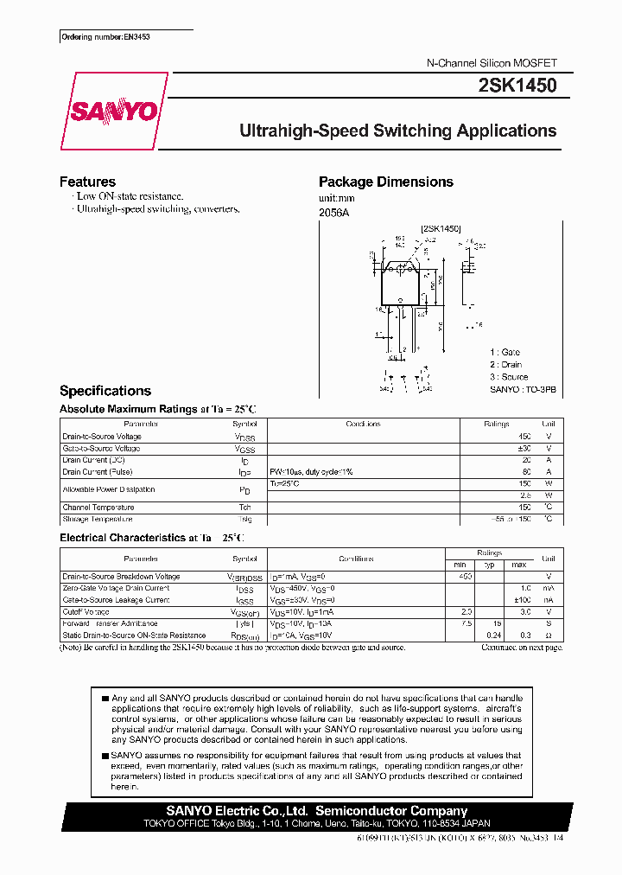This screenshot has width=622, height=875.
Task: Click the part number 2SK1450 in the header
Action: [x=517, y=86]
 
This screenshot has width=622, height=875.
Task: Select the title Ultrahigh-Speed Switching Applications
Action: [x=397, y=131]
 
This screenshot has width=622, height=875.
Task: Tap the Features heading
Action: [x=87, y=182]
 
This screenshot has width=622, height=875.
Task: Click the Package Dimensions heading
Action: [x=385, y=182]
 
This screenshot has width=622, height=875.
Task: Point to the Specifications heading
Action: [x=105, y=391]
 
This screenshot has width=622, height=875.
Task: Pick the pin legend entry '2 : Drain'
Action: [x=506, y=365]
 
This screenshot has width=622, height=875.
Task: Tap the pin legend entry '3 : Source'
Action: [x=509, y=377]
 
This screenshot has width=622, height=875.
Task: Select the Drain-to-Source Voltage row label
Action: [x=102, y=437]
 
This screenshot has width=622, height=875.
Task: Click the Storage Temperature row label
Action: [x=98, y=520]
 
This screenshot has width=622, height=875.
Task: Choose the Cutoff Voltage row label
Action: [x=86, y=611]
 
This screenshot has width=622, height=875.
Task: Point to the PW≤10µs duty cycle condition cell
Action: [x=311, y=472]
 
